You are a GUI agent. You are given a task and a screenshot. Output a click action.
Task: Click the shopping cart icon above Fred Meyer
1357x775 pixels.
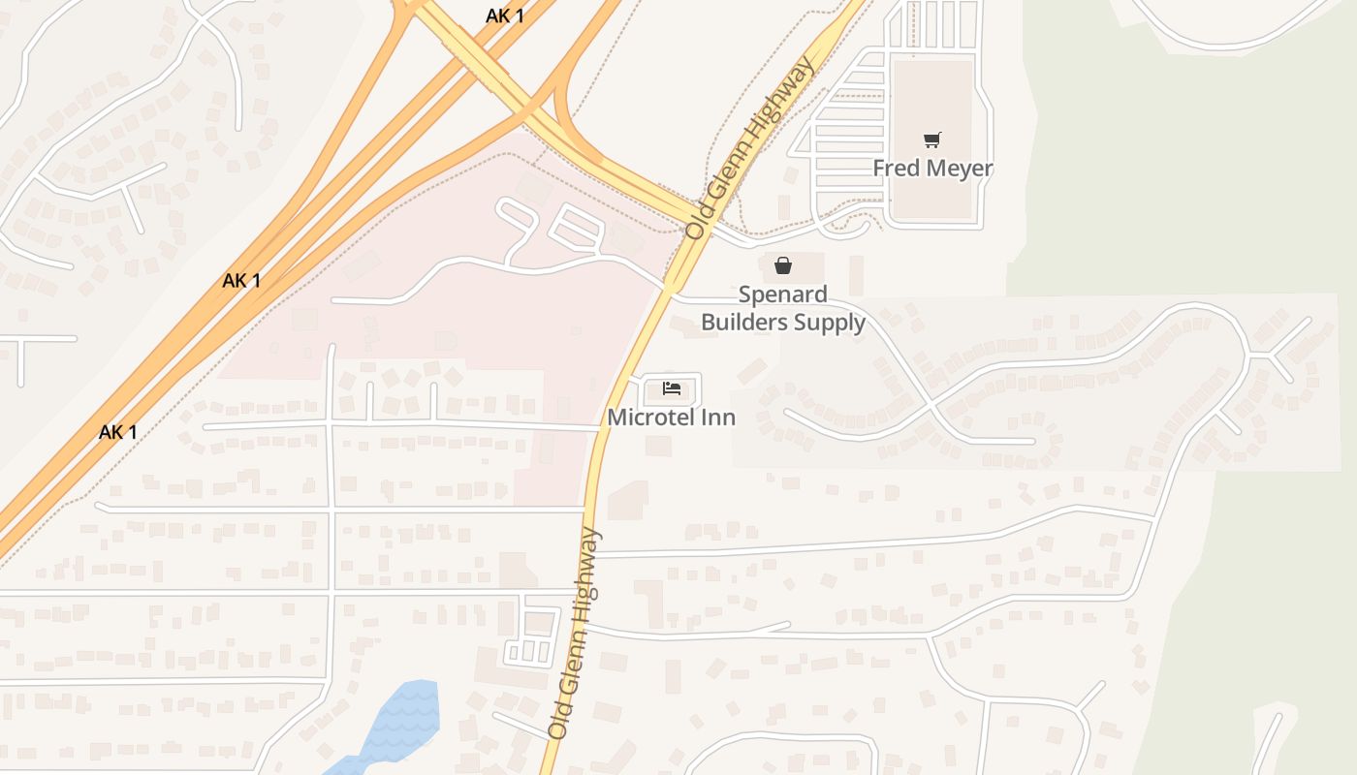click(931, 140)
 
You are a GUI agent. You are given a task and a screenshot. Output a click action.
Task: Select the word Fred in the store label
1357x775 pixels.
click(895, 169)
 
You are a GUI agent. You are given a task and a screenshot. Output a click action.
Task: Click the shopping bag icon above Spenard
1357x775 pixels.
click(783, 265)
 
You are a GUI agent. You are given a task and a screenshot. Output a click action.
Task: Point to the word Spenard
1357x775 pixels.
click(783, 294)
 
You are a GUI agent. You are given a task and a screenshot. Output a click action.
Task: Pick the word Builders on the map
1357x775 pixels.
click(747, 322)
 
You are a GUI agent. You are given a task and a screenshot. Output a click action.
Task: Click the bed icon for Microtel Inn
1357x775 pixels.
click(672, 389)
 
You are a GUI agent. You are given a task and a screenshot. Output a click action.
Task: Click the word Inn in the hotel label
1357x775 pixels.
click(719, 418)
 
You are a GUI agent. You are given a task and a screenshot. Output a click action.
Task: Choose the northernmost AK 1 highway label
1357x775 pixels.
click(505, 15)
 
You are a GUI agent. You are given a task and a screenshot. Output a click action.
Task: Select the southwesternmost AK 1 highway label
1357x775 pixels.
click(118, 432)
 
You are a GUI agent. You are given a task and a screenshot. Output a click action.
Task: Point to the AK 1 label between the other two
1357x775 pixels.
click(241, 281)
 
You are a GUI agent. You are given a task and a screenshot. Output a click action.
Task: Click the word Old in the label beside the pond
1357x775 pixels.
click(558, 724)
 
